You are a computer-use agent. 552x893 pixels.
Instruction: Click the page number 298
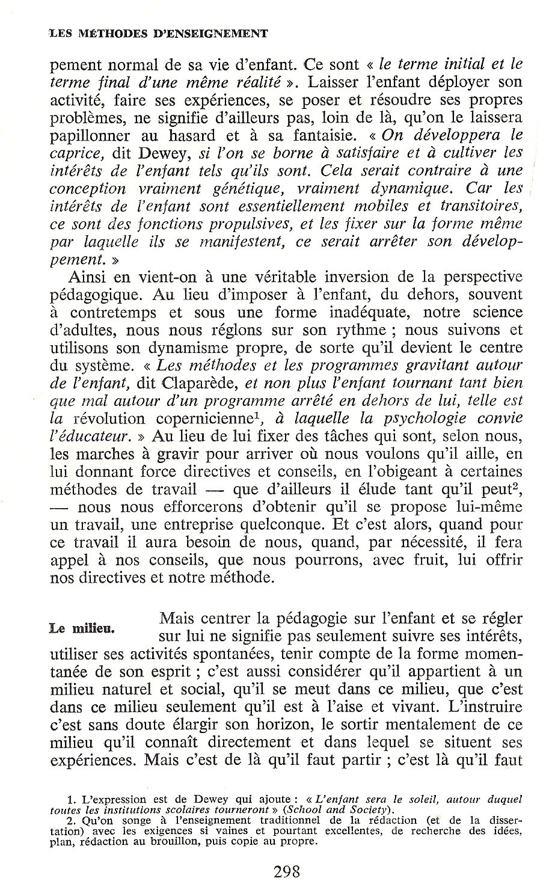[277, 870]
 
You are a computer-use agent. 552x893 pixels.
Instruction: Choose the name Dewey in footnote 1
[212, 800]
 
